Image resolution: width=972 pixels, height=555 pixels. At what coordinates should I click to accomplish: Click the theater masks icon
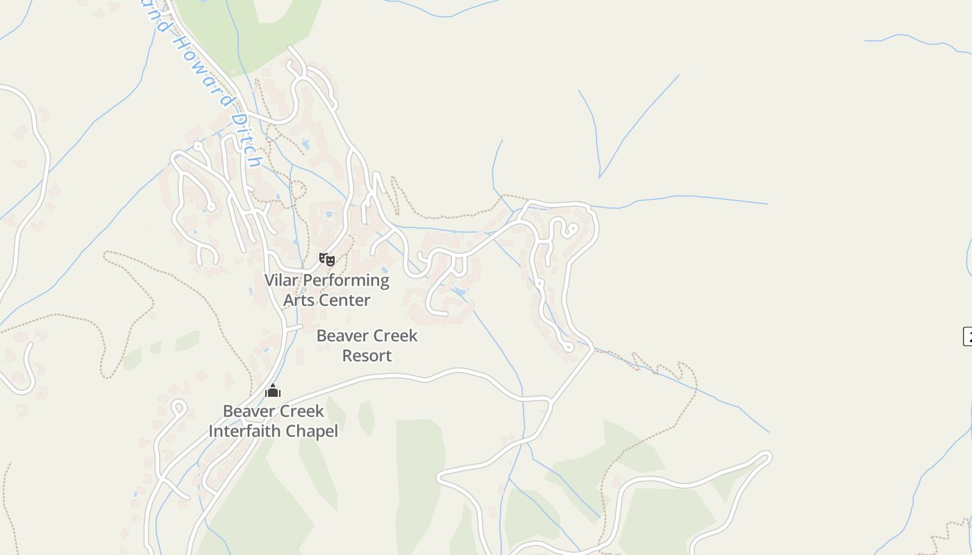(327, 259)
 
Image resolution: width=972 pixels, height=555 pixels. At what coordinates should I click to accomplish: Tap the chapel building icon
(273, 391)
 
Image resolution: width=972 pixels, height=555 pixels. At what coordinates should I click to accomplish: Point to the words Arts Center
(326, 300)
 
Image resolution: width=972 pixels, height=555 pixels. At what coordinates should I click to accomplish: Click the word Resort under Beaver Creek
(367, 356)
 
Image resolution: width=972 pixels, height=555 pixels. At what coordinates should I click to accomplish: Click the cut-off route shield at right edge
(967, 336)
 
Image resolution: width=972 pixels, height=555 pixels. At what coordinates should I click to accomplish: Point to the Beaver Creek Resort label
(367, 345)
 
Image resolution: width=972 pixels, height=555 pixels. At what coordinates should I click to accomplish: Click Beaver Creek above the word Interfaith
(273, 411)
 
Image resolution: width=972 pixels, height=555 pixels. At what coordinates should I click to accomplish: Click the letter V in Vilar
(269, 280)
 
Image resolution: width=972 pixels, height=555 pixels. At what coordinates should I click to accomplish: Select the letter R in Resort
(347, 356)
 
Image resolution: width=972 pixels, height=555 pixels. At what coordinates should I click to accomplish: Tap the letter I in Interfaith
(212, 431)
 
